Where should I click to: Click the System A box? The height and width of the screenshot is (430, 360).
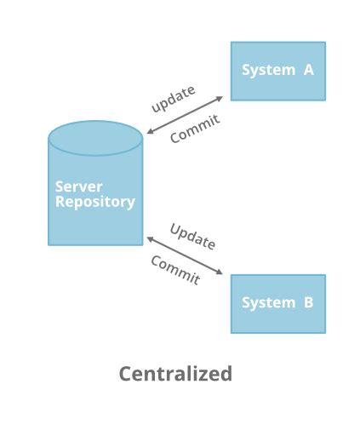277,71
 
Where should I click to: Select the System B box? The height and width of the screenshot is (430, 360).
277,303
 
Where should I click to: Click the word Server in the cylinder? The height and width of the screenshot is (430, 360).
78,186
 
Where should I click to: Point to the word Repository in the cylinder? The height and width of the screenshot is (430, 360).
94,202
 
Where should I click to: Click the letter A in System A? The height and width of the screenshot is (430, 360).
308,70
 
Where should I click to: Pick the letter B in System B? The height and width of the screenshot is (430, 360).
308,302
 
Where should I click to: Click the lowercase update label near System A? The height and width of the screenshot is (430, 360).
174,98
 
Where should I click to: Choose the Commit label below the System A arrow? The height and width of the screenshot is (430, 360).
195,129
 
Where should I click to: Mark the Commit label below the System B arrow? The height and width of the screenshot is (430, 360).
175,270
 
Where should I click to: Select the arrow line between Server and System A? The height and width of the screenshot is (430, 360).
185,115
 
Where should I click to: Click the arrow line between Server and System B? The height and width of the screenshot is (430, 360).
185,255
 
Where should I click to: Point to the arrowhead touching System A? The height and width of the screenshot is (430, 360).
220,98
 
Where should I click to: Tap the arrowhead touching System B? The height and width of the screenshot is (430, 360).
220,272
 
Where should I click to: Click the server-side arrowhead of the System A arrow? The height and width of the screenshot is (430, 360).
150,131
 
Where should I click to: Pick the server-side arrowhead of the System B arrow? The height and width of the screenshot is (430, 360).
150,238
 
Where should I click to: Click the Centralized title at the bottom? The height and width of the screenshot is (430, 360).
175,374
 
